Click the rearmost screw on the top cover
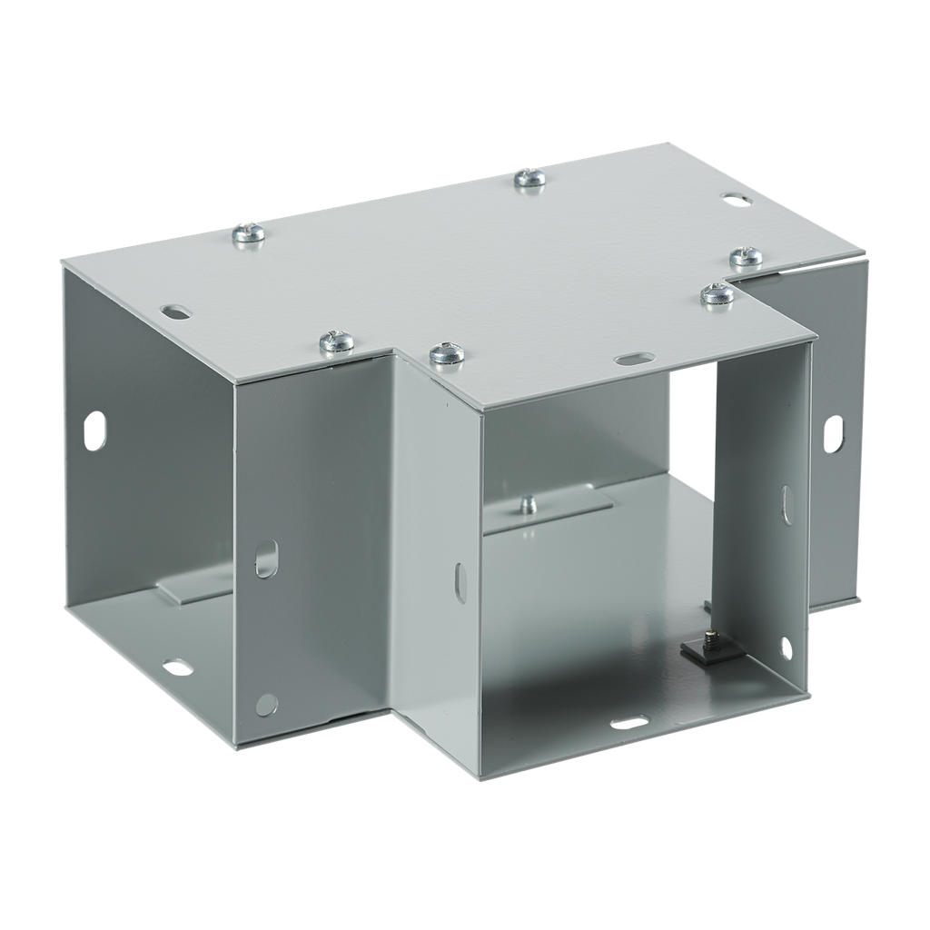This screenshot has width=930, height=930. click(x=529, y=178)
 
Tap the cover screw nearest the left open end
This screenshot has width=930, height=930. click(x=248, y=234)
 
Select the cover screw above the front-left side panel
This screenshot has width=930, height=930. click(x=337, y=341)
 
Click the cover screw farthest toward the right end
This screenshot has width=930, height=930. click(x=746, y=257)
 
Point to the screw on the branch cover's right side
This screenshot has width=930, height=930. click(x=717, y=294)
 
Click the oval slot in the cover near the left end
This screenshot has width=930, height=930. click(x=177, y=311)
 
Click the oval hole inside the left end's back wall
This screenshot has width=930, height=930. click(x=94, y=430)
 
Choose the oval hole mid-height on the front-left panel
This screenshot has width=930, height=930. click(x=265, y=559)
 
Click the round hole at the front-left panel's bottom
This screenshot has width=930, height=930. click(x=266, y=704)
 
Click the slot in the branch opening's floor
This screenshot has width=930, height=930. click(x=628, y=723)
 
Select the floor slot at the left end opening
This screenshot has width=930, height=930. click(x=178, y=668)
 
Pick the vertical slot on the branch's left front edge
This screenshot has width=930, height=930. click(x=460, y=581)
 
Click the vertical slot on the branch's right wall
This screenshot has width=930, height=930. click(x=786, y=504)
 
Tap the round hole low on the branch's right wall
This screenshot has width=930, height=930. click(x=786, y=648)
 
